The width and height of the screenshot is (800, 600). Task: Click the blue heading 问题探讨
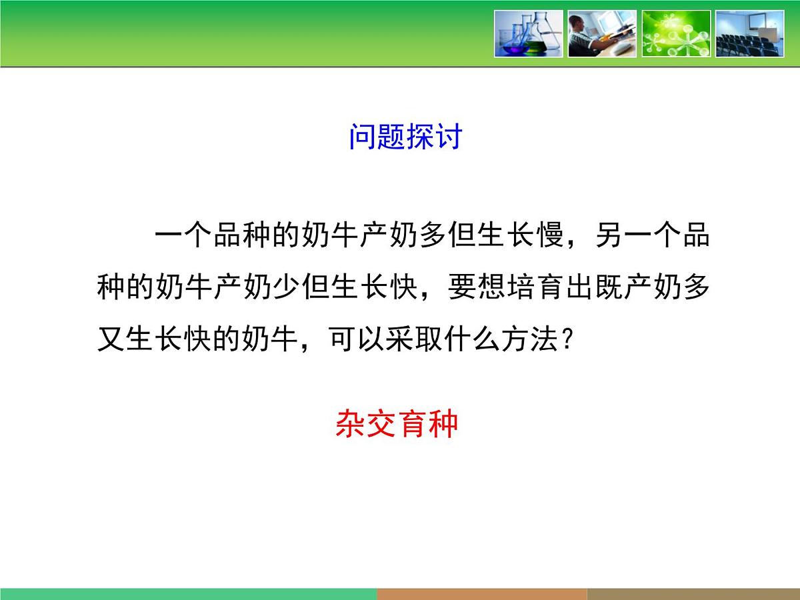[405, 137]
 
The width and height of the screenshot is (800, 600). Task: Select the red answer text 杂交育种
[397, 424]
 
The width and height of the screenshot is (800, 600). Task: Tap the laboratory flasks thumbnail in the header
[529, 33]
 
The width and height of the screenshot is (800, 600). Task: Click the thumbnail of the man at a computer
[602, 33]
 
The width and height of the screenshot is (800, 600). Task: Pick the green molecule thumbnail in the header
[676, 33]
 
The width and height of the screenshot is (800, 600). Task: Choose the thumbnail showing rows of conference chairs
[749, 33]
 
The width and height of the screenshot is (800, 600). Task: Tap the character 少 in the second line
[288, 289]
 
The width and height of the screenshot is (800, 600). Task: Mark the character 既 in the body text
[609, 289]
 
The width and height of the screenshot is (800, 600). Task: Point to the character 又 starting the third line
[111, 341]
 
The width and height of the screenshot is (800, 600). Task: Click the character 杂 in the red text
[350, 424]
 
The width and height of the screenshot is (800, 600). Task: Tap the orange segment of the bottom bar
[481, 594]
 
